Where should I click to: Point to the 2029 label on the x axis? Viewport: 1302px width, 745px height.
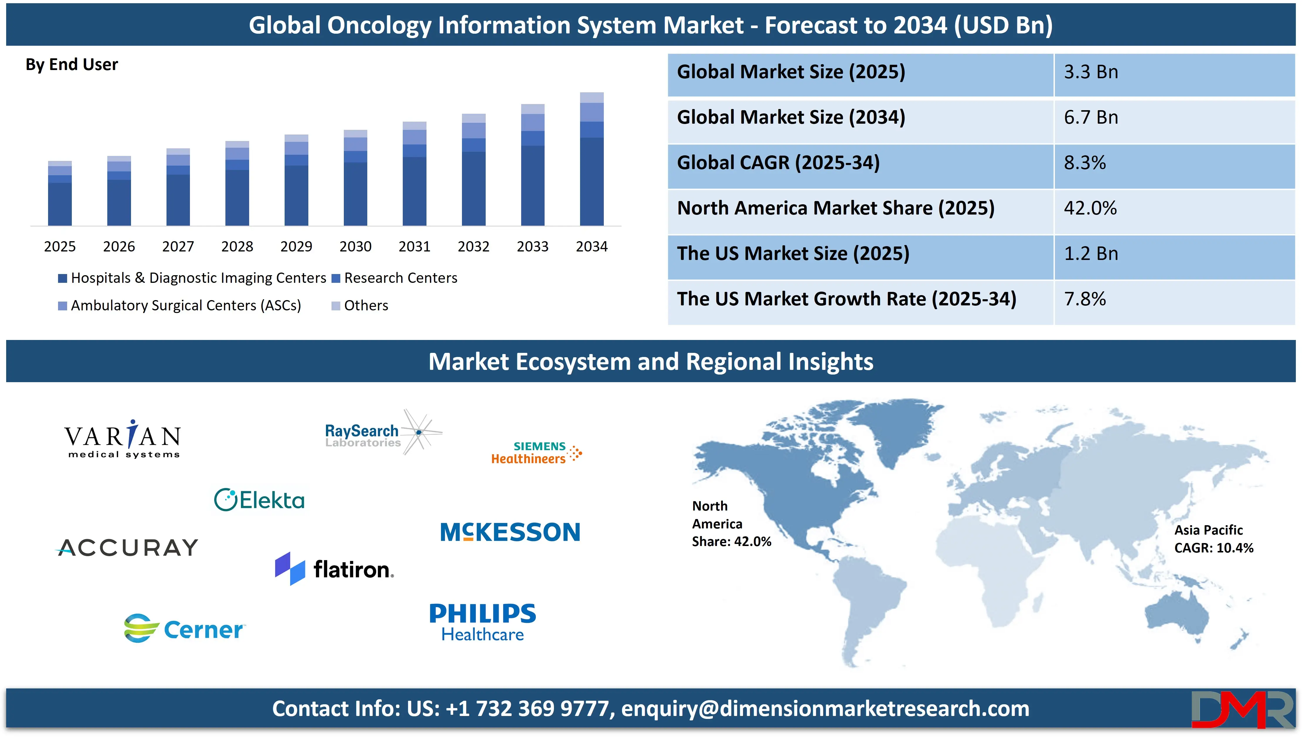[x=296, y=247]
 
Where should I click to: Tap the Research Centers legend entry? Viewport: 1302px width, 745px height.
[x=395, y=278]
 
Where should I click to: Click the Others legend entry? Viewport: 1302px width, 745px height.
[x=360, y=305]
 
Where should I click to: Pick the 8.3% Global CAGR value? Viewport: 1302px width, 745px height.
[x=1085, y=163]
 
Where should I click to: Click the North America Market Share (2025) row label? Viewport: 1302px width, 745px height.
[x=836, y=208]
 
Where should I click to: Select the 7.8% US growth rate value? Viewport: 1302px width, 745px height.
[x=1085, y=299]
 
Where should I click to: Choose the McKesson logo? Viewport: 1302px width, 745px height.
[x=510, y=532]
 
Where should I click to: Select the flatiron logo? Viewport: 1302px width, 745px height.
[x=334, y=569]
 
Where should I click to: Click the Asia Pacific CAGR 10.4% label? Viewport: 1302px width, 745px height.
[x=1213, y=539]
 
